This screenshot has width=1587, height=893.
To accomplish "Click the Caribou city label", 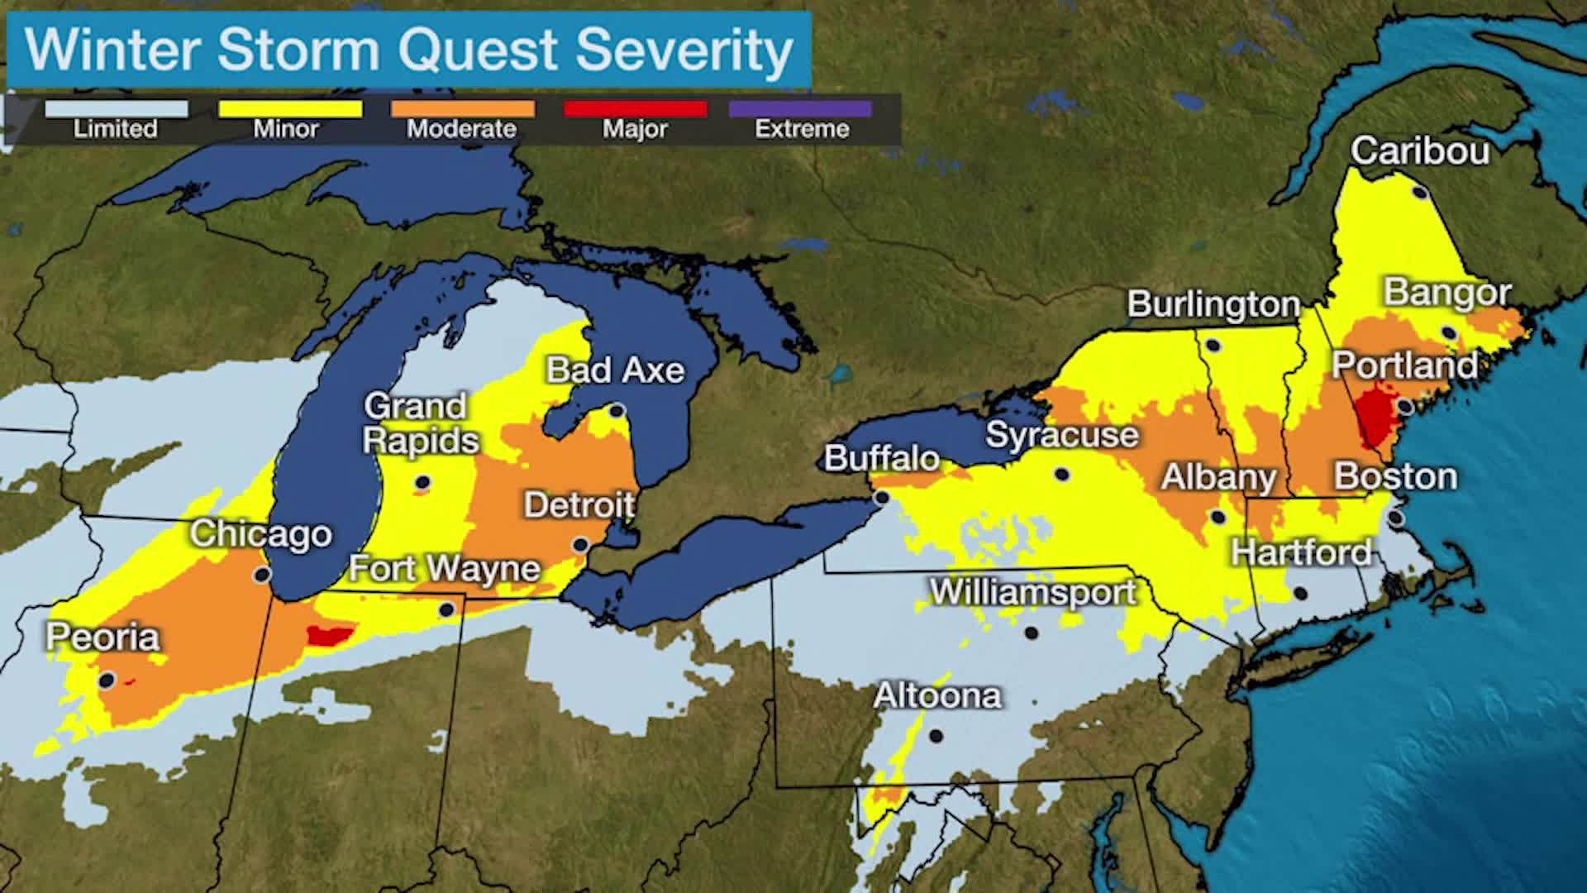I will point(1419,151).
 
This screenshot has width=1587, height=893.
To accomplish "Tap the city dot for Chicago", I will point(262,575).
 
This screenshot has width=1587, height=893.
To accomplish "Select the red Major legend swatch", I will point(635,109).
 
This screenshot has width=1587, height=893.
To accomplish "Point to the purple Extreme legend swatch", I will point(800,109).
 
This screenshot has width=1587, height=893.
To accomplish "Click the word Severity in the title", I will point(684,50).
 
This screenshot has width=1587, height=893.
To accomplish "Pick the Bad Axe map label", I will point(615,370).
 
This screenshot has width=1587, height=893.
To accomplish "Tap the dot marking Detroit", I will point(580,545).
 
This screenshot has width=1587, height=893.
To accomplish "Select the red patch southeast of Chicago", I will point(329,635).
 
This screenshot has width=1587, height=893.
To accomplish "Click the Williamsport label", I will point(1033,592).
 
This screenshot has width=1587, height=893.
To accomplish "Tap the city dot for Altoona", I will point(936,735).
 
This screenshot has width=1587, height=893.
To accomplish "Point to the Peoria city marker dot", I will point(106,680).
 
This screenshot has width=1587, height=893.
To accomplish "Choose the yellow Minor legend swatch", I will point(289,109).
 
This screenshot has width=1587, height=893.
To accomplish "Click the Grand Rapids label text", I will point(420,423).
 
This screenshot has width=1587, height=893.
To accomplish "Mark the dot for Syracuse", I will point(1062,475).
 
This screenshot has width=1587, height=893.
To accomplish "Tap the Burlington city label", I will point(1213,304).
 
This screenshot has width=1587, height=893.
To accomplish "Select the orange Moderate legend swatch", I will point(462,109).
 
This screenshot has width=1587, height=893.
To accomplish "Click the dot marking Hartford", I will point(1300,594).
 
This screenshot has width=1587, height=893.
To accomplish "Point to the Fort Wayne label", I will point(444,569).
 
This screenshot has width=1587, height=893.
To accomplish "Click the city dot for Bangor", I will point(1448,332).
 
